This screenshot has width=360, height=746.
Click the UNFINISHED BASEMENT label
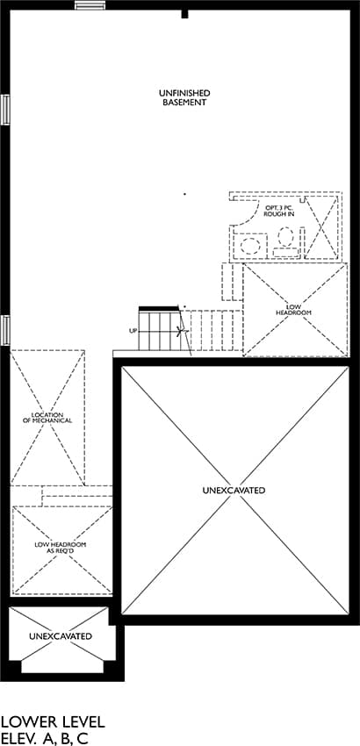[184, 97]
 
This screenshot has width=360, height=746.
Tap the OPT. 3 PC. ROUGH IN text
[279, 212]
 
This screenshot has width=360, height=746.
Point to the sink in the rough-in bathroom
[250, 246]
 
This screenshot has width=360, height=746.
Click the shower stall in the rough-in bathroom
[321, 226]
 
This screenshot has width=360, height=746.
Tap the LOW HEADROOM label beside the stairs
[294, 310]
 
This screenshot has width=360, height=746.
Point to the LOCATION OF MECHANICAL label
[47, 418]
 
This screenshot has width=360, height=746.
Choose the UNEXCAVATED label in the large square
[234, 490]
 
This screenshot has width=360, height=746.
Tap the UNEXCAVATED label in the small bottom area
[61, 636]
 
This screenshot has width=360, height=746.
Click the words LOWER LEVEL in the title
[53, 722]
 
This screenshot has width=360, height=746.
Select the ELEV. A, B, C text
[45, 739]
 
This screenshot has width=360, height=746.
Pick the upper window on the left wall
[5, 110]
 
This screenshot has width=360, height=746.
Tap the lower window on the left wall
[5, 330]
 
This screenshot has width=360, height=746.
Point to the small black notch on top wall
[184, 14]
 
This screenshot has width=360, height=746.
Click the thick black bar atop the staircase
[159, 309]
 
